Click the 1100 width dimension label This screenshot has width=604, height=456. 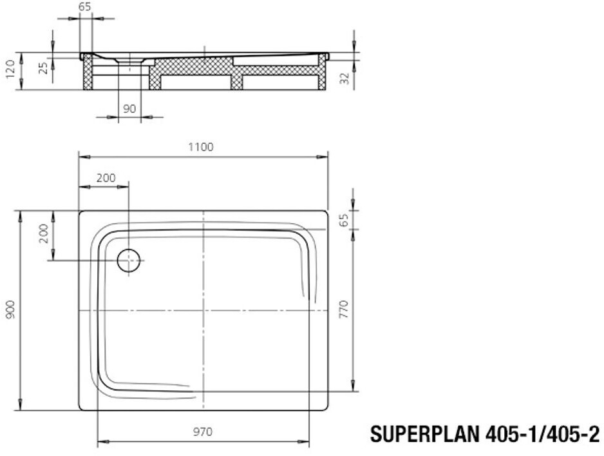pos(201,147)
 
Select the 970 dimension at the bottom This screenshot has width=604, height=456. pos(203,431)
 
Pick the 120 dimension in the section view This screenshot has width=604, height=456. pos(11,69)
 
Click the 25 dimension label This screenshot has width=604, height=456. pos(44,68)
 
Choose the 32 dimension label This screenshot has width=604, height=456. pos(345,78)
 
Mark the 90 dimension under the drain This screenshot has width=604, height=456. pos(129,109)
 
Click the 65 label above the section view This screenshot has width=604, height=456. pos(85,7)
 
